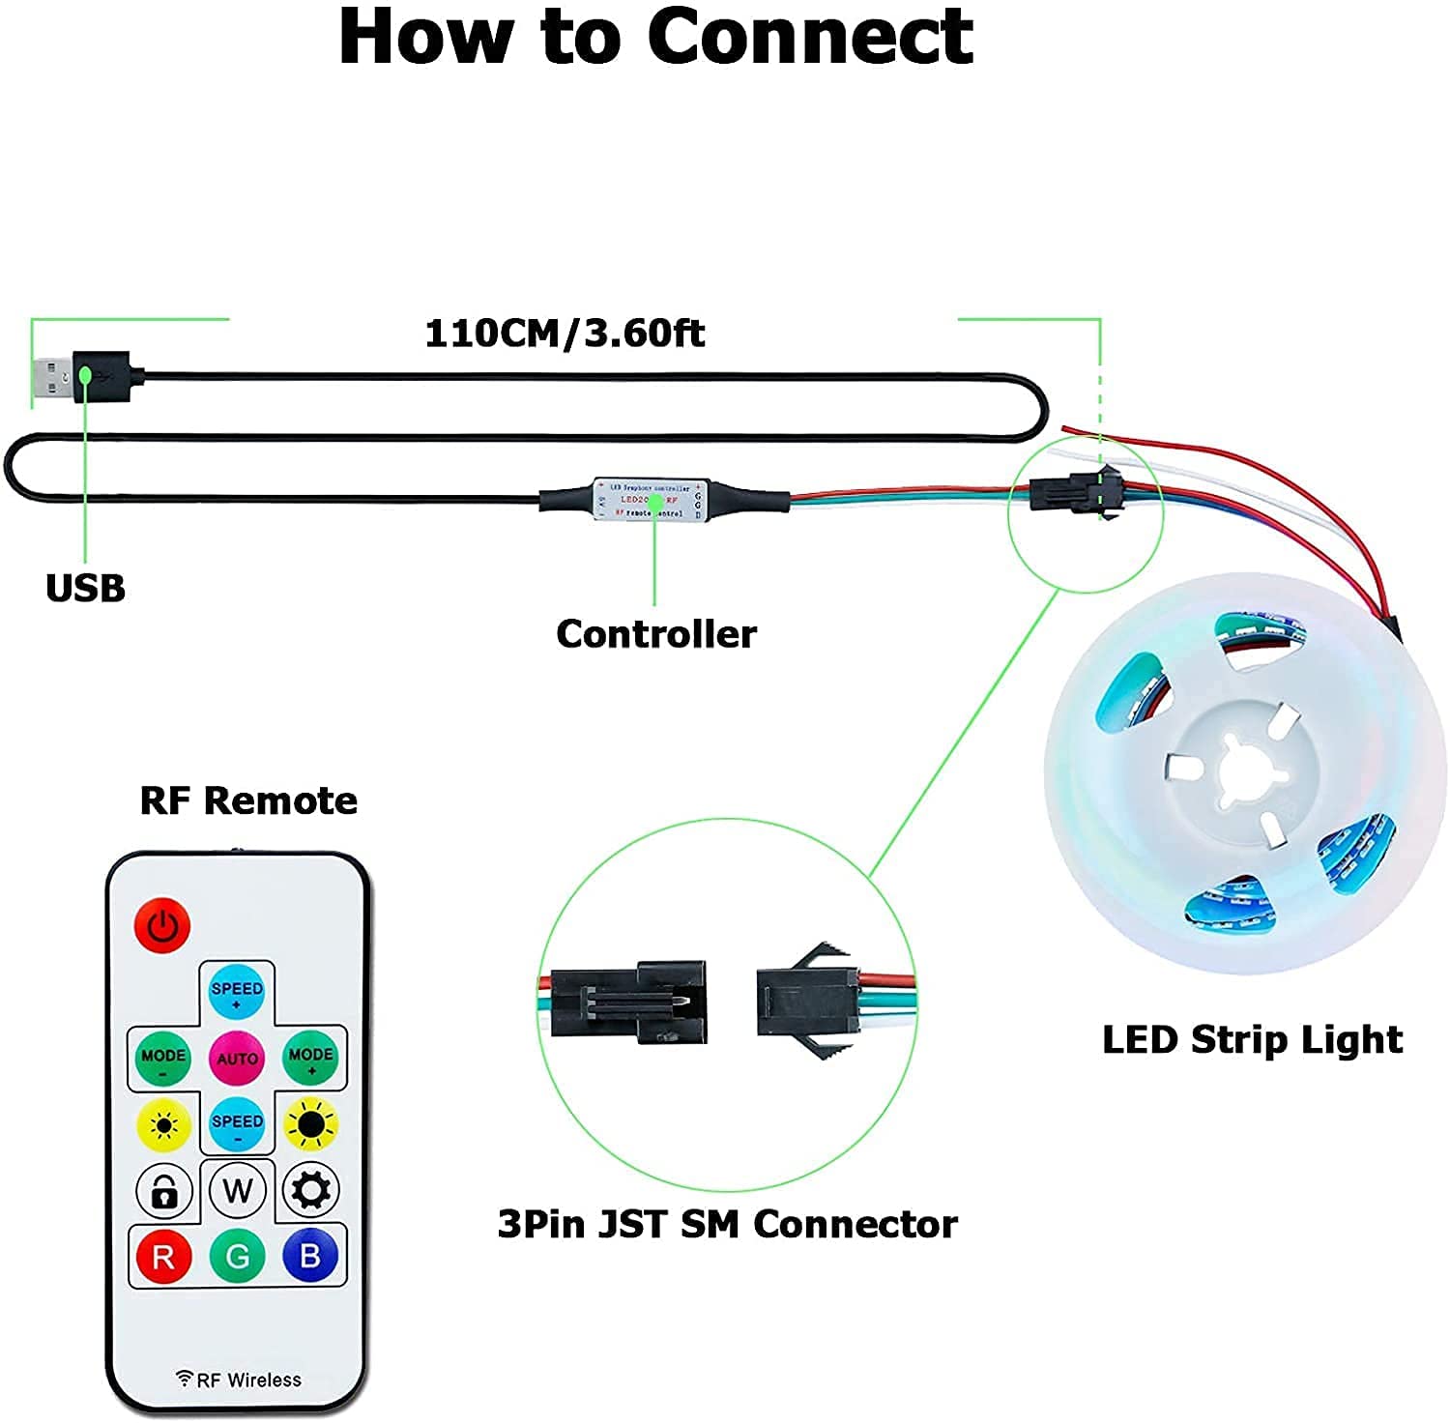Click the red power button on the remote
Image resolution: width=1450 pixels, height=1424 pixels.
pyautogui.click(x=162, y=925)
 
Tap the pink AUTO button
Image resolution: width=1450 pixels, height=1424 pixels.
pyautogui.click(x=237, y=1057)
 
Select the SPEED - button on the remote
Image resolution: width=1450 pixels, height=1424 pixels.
pyautogui.click(x=237, y=1124)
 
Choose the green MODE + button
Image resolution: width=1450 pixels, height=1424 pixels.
pyautogui.click(x=310, y=1057)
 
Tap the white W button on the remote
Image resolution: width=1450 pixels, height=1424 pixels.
pyautogui.click(x=237, y=1190)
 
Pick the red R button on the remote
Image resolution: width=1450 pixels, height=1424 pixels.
pyautogui.click(x=162, y=1256)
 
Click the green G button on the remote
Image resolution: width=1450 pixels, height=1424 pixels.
pyautogui.click(x=237, y=1256)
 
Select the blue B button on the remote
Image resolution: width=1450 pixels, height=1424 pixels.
pyautogui.click(x=310, y=1255)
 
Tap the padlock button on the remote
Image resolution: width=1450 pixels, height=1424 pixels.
pyautogui.click(x=163, y=1191)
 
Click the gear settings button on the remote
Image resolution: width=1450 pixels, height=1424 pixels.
pyautogui.click(x=310, y=1190)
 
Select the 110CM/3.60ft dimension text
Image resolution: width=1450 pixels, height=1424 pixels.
pyautogui.click(x=565, y=334)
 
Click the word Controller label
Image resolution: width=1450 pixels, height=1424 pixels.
pyautogui.click(x=656, y=634)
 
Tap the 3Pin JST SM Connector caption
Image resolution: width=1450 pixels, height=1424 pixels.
pyautogui.click(x=727, y=1224)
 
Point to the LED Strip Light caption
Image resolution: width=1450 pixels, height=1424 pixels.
pyautogui.click(x=1252, y=1039)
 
